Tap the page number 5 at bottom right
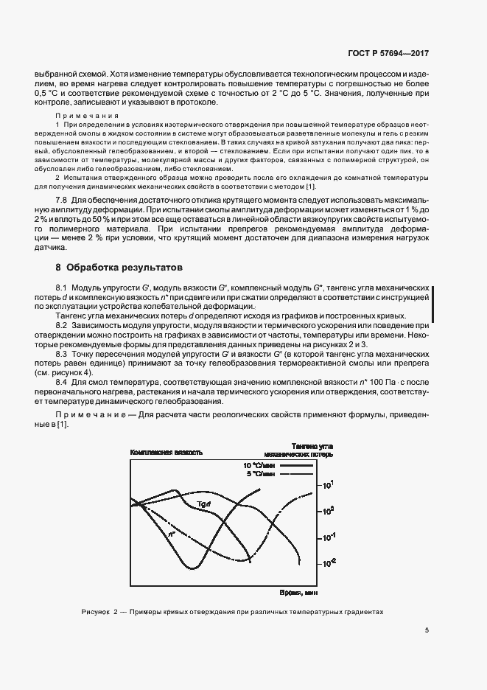(x=427, y=630)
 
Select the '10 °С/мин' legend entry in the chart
(x=257, y=465)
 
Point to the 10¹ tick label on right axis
(x=329, y=484)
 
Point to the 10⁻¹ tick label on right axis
(x=329, y=536)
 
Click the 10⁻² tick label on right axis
(x=329, y=562)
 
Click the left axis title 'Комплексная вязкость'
(x=166, y=451)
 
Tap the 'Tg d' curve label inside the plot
(x=204, y=503)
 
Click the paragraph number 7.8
(x=62, y=201)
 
